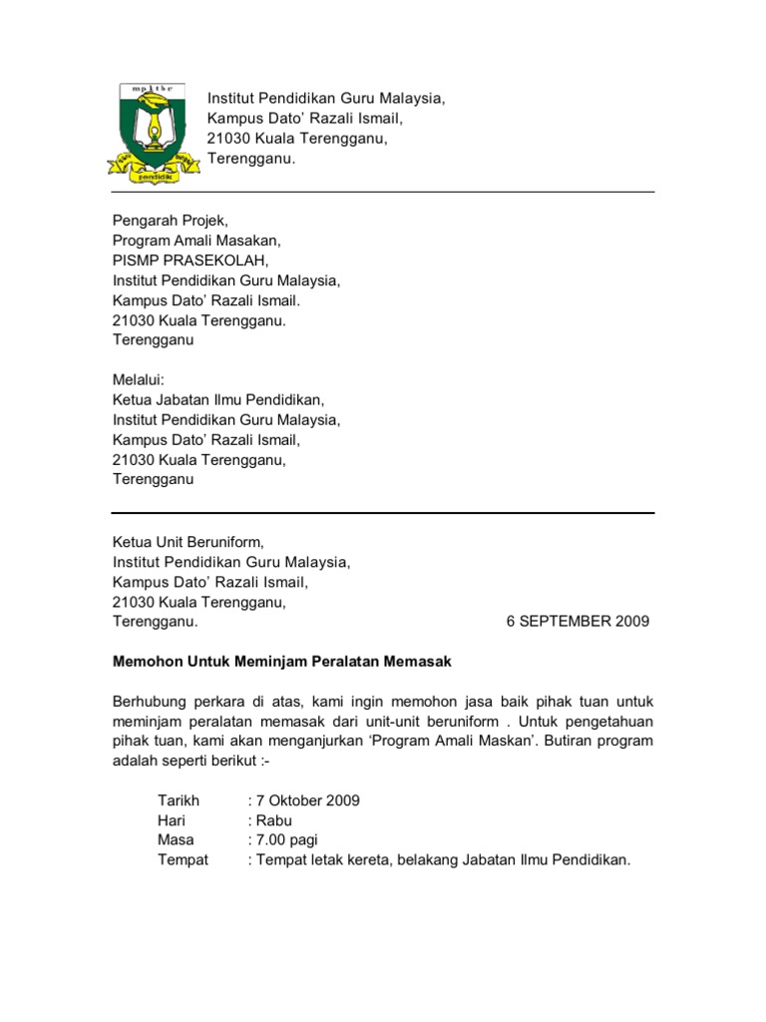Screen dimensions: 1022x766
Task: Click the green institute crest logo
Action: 147,130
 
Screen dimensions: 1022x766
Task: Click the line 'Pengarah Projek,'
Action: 171,222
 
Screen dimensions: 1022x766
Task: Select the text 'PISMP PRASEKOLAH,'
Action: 191,261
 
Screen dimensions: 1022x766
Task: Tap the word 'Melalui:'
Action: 139,379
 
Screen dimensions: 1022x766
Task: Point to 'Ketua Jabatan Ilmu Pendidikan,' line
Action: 218,399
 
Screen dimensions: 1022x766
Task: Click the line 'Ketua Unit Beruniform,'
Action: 189,542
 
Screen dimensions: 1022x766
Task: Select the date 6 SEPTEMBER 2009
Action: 577,621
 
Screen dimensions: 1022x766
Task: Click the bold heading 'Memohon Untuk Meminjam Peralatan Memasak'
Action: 282,662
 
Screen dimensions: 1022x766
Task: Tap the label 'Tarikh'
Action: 179,800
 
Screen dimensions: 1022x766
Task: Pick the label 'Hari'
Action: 172,820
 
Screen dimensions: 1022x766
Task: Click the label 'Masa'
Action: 176,840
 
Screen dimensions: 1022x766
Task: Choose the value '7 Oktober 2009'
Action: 308,800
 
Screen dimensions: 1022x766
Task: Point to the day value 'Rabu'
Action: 274,820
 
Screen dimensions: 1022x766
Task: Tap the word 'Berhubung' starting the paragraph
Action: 153,702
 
